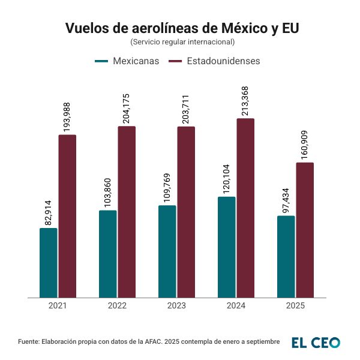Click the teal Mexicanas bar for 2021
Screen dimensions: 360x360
point(49,263)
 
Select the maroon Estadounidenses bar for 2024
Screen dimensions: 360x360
point(245,208)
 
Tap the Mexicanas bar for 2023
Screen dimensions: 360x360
point(167,251)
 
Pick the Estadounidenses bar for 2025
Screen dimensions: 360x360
point(305,230)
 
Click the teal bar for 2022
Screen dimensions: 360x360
point(108,254)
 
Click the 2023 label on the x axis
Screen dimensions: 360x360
point(176,305)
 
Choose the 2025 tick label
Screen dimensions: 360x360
point(295,305)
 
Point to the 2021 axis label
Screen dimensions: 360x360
point(58,305)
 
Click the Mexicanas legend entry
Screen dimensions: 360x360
point(127,61)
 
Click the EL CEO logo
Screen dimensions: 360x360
point(316,343)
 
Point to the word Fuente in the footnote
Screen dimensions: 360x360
point(28,341)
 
